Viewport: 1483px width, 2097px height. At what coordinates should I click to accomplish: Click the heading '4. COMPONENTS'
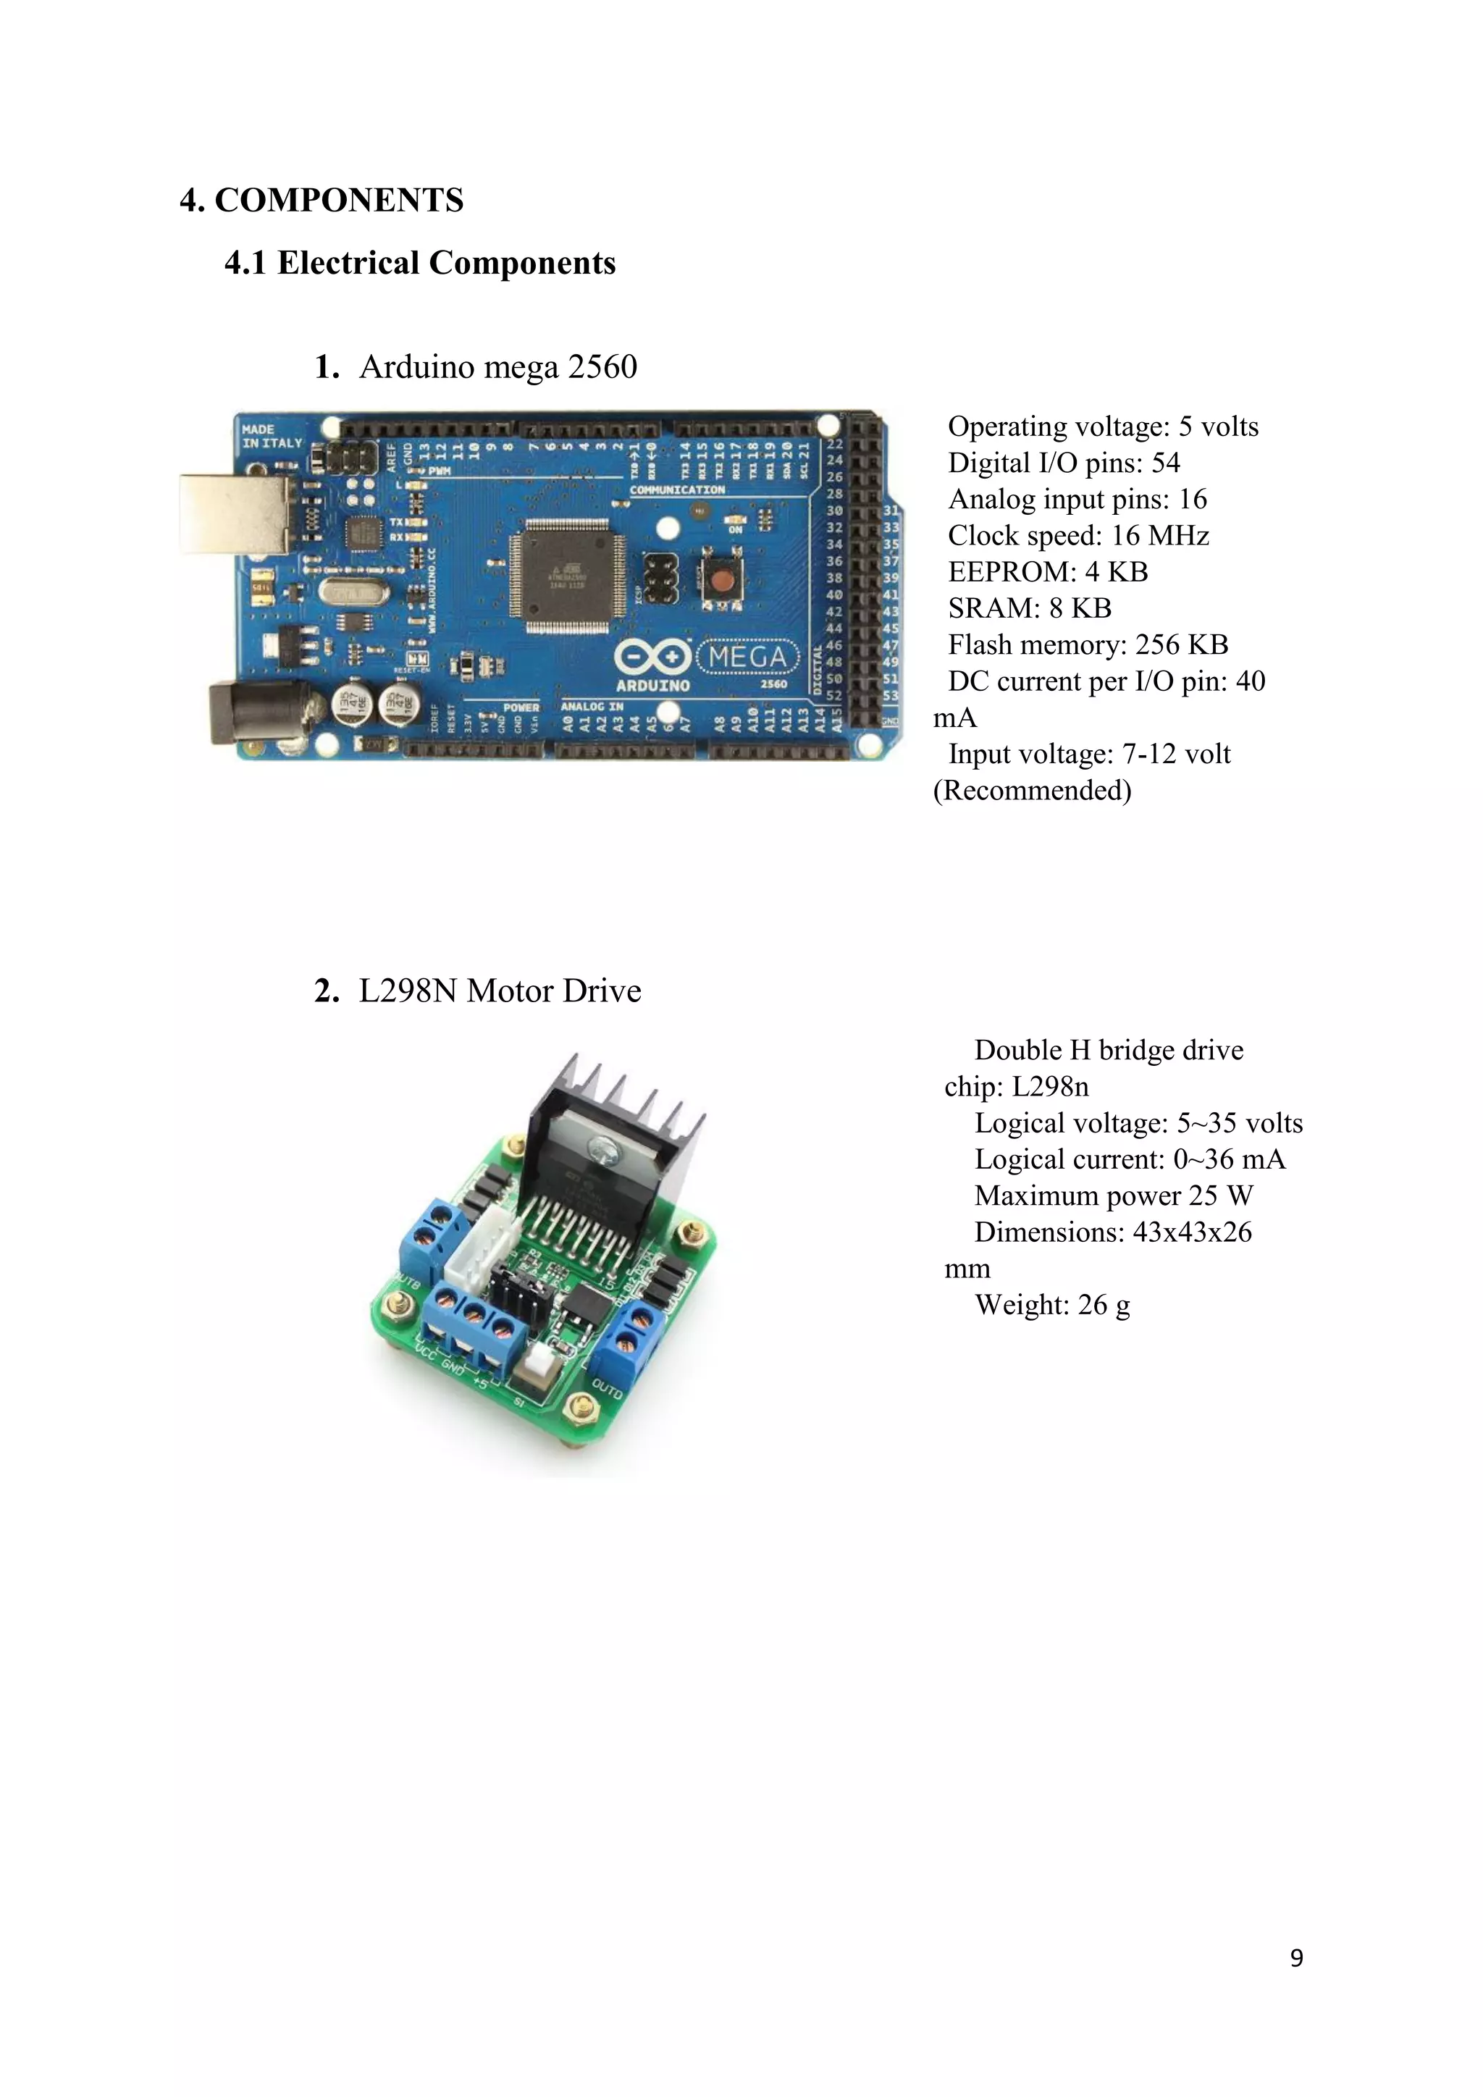(322, 200)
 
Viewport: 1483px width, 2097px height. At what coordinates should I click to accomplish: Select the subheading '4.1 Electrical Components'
(420, 263)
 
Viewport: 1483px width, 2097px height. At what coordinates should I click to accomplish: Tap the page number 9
(1295, 1957)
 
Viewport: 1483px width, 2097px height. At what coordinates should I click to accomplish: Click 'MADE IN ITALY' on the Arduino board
(272, 436)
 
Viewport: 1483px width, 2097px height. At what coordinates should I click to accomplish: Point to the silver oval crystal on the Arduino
(347, 593)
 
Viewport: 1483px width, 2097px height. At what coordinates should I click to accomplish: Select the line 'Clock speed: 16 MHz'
(1077, 535)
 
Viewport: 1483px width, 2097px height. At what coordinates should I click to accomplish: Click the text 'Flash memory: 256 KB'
(1088, 644)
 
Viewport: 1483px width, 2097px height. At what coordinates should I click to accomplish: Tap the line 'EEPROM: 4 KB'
(1047, 572)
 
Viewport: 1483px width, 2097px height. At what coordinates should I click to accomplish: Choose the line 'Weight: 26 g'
(1052, 1305)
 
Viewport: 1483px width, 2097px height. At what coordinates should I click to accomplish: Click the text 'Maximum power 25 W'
(1113, 1195)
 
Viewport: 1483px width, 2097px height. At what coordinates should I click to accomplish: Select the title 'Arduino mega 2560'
(497, 367)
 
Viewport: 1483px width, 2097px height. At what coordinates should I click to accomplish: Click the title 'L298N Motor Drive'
(500, 991)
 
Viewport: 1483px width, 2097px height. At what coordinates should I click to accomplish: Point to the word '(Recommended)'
(1032, 790)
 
